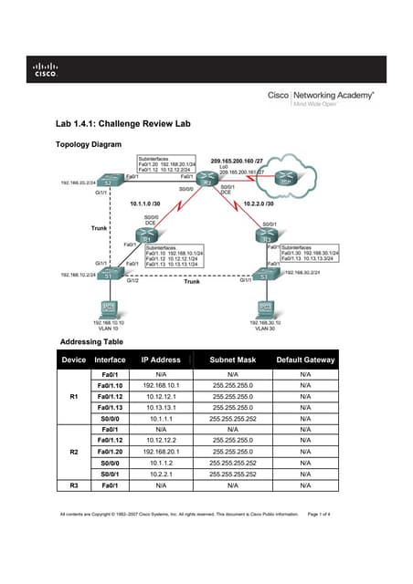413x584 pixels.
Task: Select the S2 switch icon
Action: pos(106,183)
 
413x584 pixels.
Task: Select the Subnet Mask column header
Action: pos(232,360)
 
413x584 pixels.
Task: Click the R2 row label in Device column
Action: pos(74,452)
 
